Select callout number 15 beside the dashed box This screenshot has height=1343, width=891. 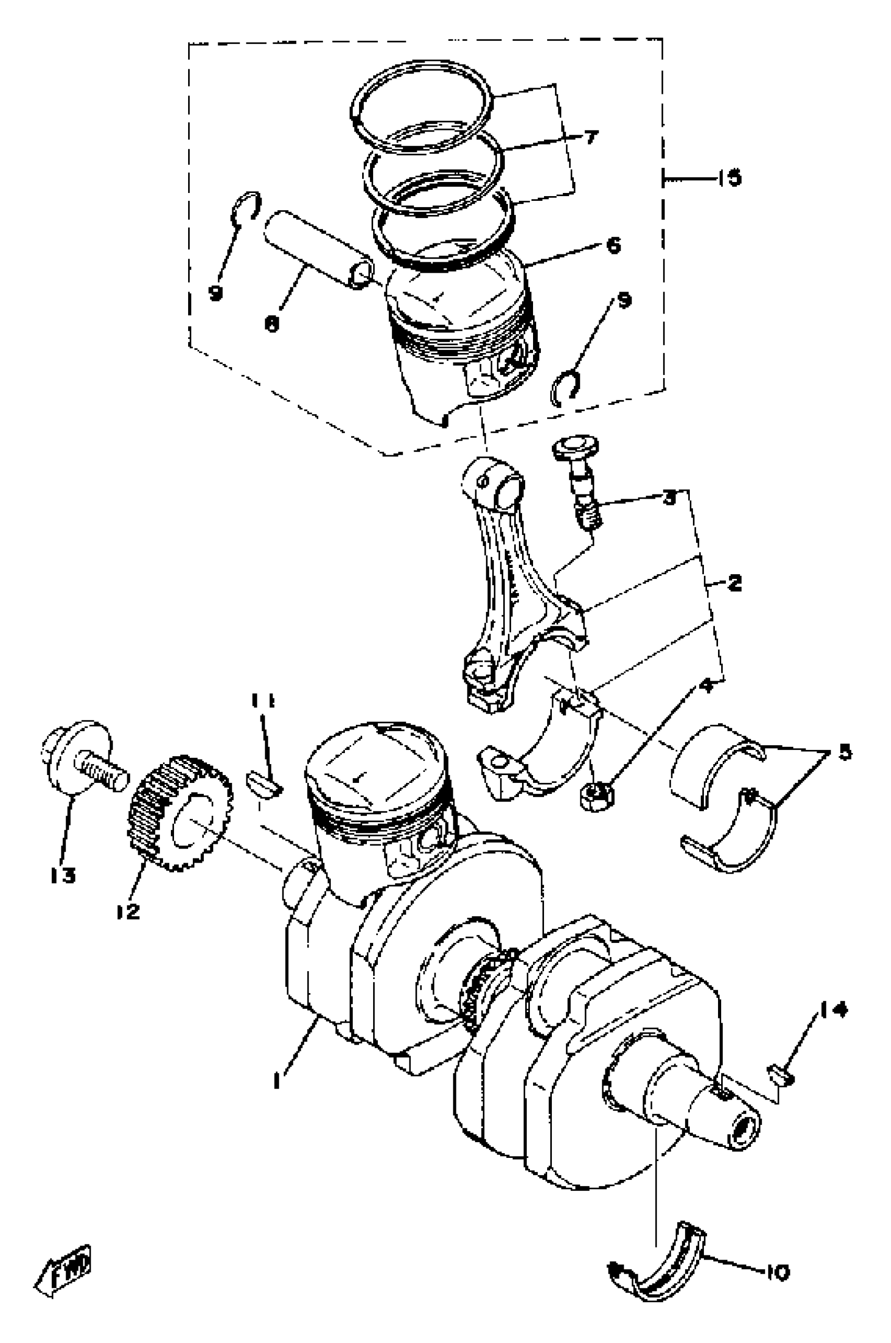click(x=729, y=178)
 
